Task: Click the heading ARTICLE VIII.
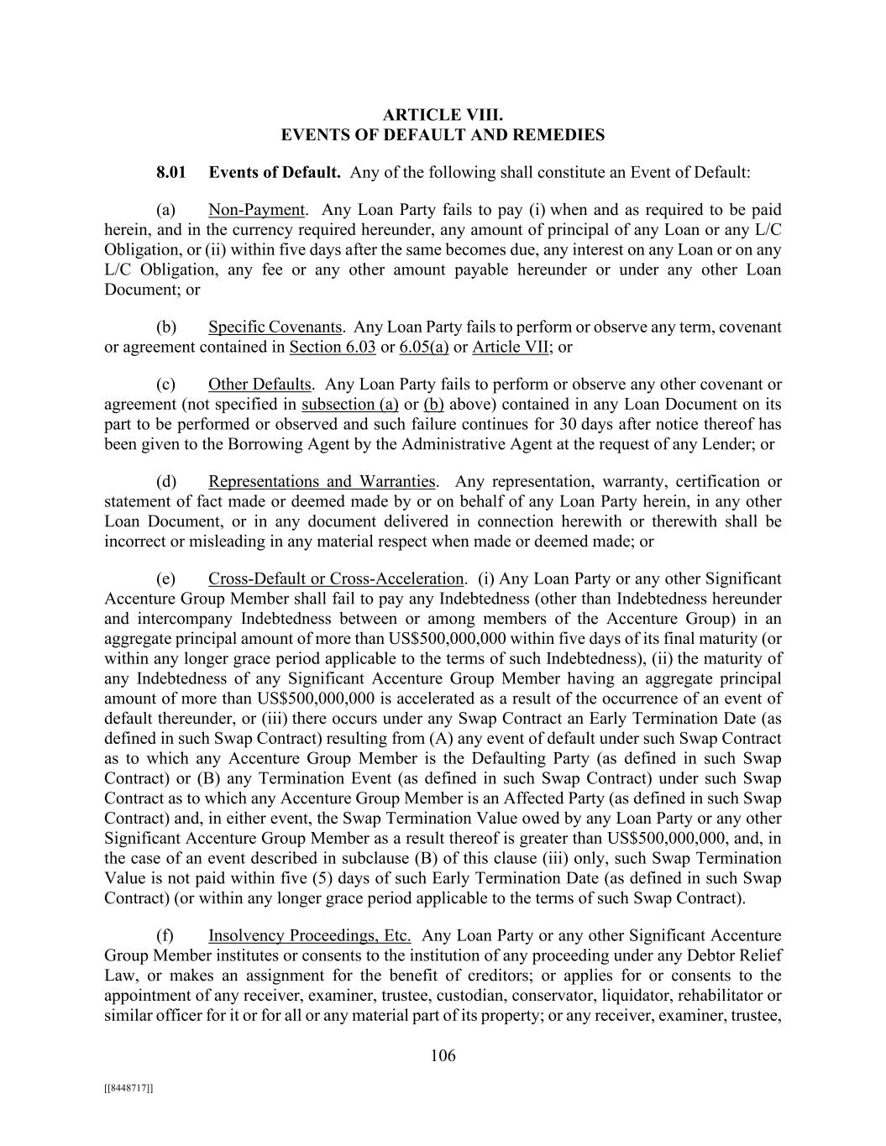pyautogui.click(x=443, y=114)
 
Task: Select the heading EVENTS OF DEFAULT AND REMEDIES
pyautogui.click(x=443, y=134)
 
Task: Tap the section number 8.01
pyautogui.click(x=170, y=173)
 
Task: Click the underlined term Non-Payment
pyautogui.click(x=256, y=210)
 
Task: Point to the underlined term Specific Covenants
pyautogui.click(x=275, y=327)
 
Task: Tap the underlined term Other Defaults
pyautogui.click(x=260, y=385)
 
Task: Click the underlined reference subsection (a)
pyautogui.click(x=349, y=405)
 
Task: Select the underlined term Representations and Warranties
pyautogui.click(x=322, y=482)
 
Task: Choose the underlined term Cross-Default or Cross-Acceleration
pyautogui.click(x=336, y=579)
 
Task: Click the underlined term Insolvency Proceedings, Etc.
pyautogui.click(x=309, y=935)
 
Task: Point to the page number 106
pyautogui.click(x=443, y=1056)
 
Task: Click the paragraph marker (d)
pyautogui.click(x=166, y=482)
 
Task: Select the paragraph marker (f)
pyautogui.click(x=165, y=935)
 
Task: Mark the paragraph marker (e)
pyautogui.click(x=166, y=579)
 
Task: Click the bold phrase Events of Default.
pyautogui.click(x=275, y=173)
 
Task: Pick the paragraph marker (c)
pyautogui.click(x=166, y=385)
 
